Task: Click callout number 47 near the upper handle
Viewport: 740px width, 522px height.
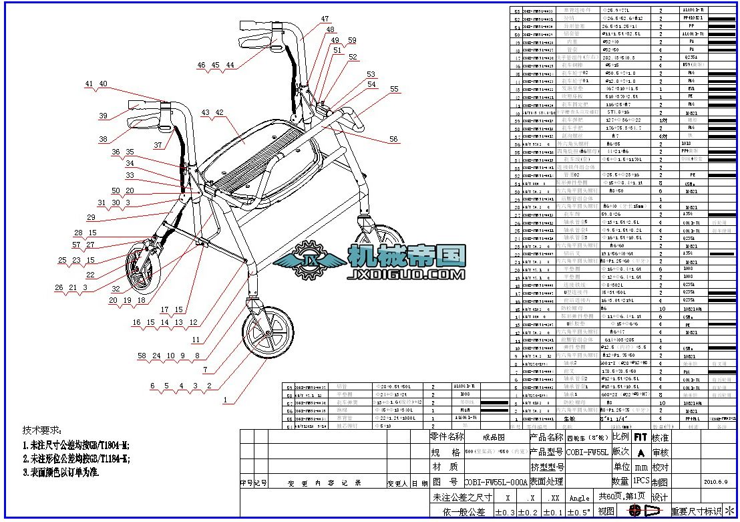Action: click(x=325, y=19)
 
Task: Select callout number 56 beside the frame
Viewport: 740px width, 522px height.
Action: click(x=394, y=140)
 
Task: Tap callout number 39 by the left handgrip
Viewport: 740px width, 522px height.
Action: click(x=103, y=116)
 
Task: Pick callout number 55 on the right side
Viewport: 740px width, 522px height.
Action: click(x=394, y=89)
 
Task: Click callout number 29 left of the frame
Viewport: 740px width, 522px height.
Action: click(x=91, y=218)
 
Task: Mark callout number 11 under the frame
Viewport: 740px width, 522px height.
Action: click(x=196, y=340)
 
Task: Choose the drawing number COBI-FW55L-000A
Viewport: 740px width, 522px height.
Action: click(x=496, y=481)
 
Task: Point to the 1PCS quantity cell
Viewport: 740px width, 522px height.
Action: click(x=641, y=481)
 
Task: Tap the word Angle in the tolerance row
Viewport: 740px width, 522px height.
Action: click(x=579, y=498)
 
